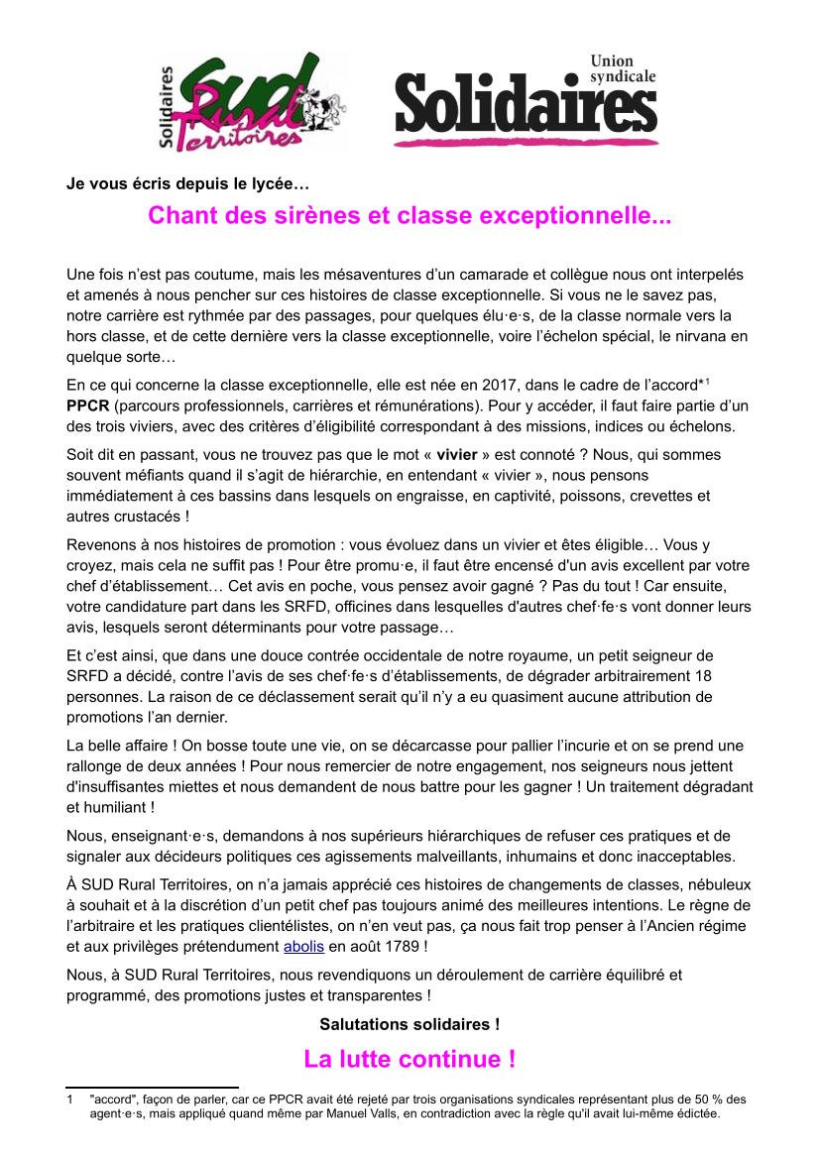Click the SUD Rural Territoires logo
[250, 102]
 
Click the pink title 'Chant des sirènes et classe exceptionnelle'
[409, 215]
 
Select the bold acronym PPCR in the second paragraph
[87, 406]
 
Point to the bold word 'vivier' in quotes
[457, 455]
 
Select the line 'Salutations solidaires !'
[409, 1022]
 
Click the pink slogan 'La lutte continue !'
[409, 1059]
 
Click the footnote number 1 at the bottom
[69, 1100]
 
